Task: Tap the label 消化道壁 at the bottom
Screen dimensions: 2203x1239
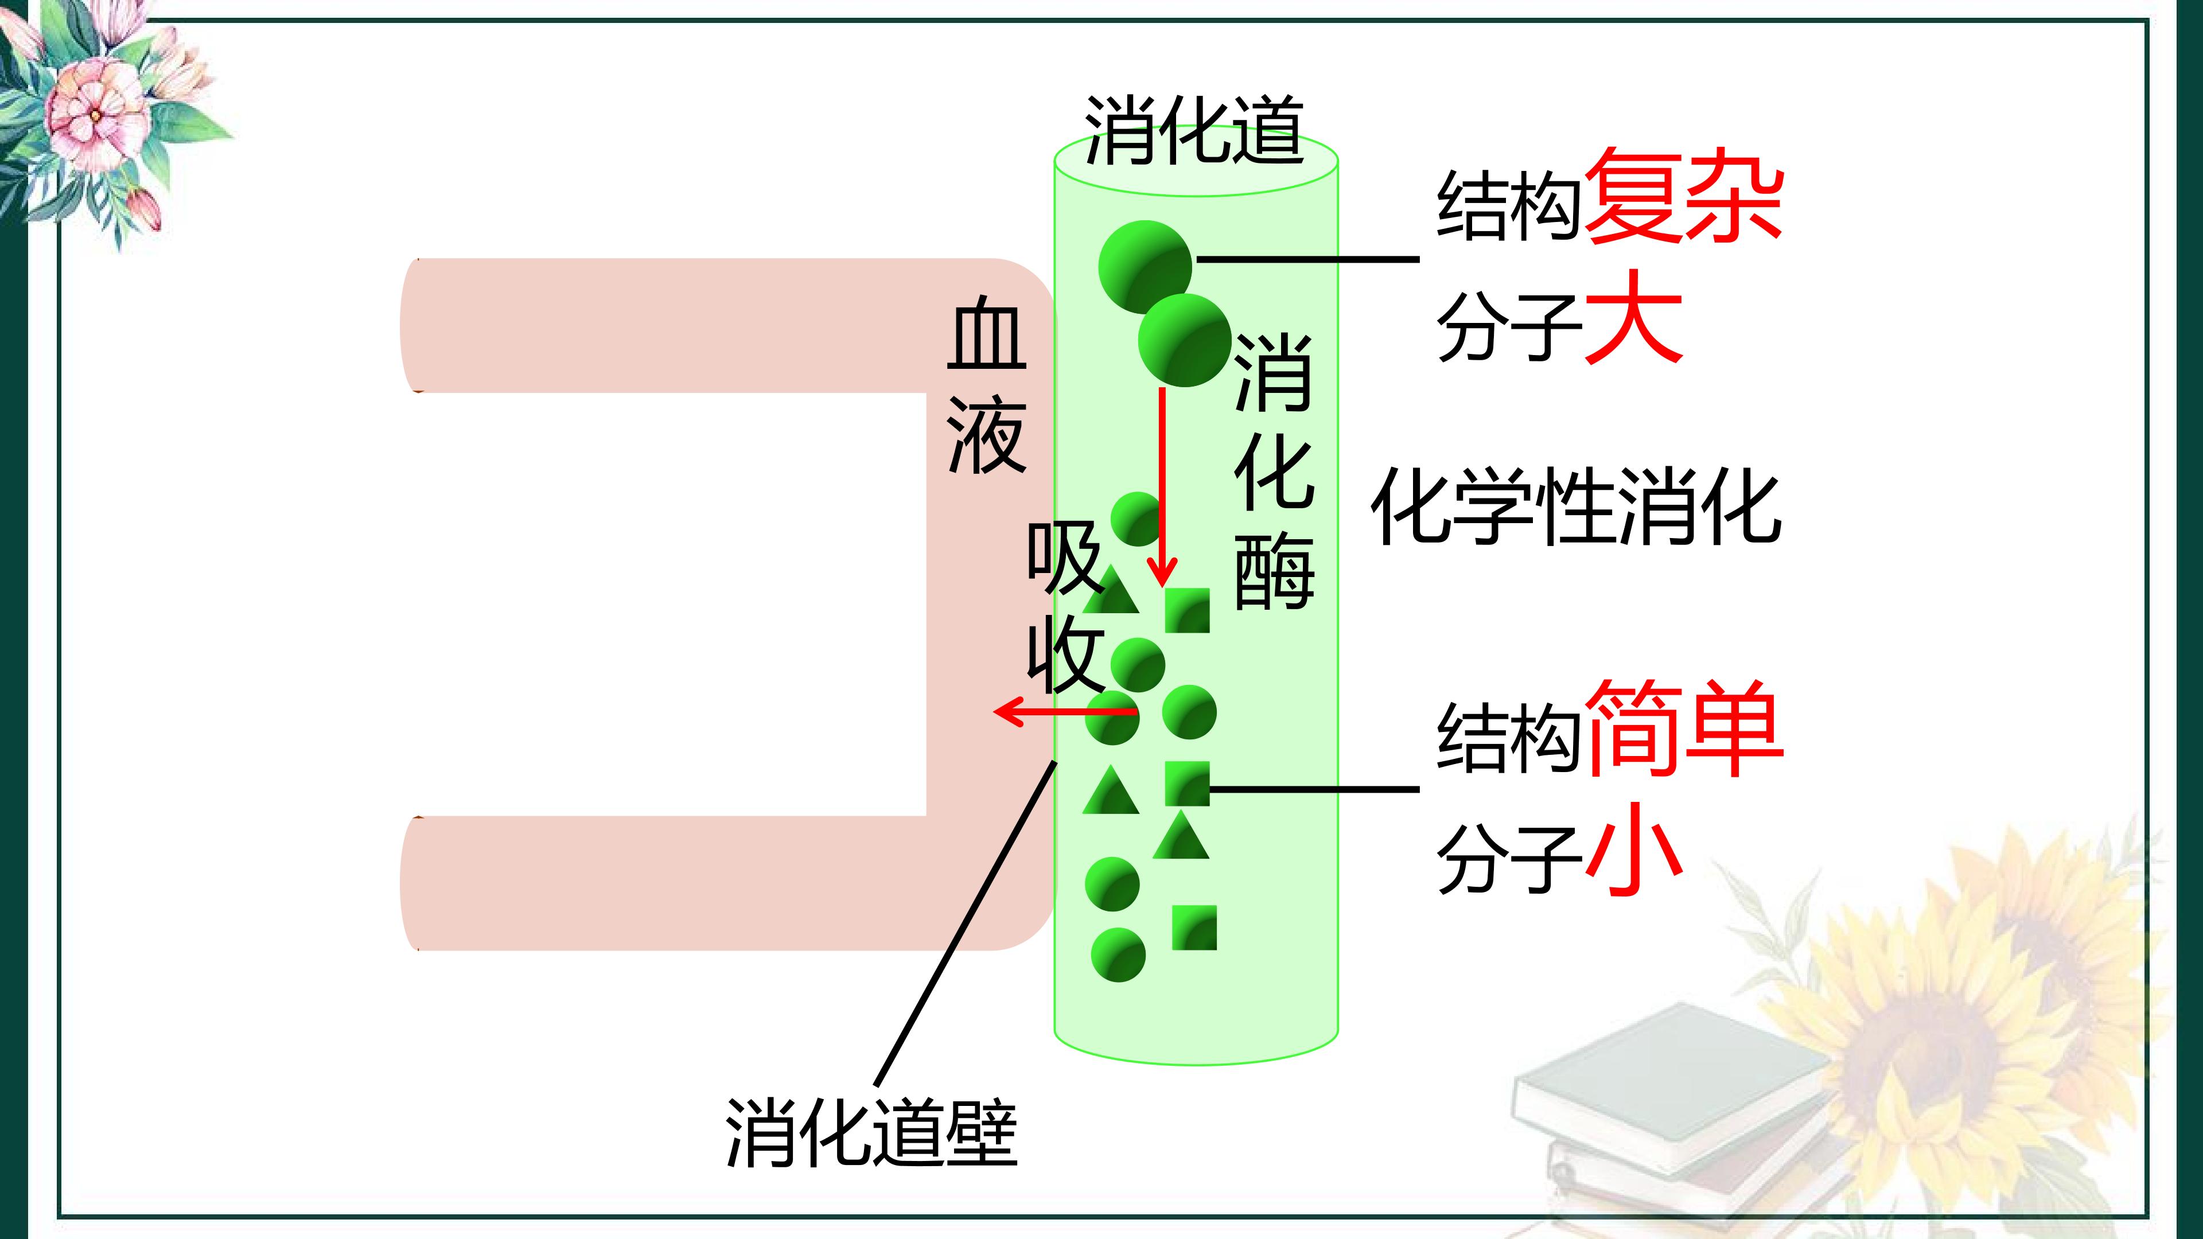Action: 871,1133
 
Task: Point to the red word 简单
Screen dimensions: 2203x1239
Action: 1683,728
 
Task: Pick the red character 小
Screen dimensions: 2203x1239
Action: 1633,848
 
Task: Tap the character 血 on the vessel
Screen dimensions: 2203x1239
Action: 987,333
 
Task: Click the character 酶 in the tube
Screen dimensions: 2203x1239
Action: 1274,568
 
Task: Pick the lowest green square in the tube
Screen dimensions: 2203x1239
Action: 1194,928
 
